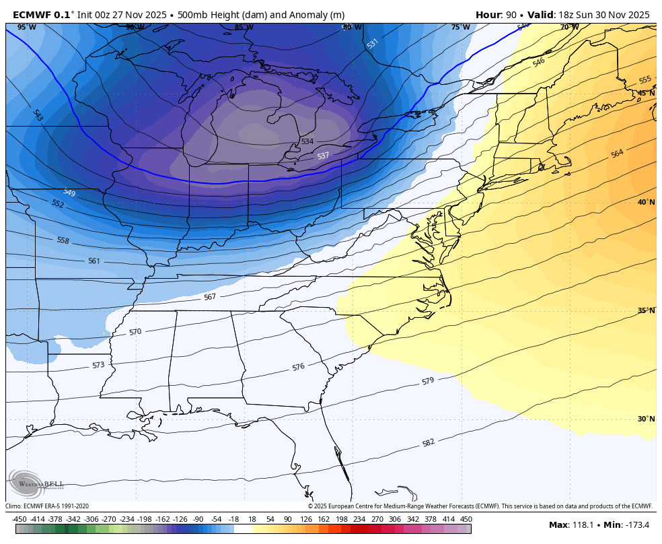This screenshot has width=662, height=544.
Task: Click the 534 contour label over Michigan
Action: coord(307,141)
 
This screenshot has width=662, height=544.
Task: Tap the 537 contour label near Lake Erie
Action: coord(323,156)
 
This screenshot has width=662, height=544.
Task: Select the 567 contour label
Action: coord(210,297)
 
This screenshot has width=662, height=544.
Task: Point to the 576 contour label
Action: coord(298,368)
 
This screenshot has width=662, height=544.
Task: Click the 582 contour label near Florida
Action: coord(429,442)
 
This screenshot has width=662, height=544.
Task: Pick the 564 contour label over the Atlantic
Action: coord(616,154)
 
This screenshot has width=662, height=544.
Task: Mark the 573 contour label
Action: coord(98,365)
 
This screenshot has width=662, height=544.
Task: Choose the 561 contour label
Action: coord(94,261)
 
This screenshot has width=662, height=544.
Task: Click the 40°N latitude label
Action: coord(646,202)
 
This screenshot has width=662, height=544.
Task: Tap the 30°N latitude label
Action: coord(646,419)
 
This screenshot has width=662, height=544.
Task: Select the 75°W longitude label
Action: coord(460,28)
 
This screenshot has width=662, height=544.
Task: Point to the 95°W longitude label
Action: coord(26,28)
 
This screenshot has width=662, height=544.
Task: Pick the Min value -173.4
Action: coord(635,525)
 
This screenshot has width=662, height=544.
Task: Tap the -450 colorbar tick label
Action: coord(20,519)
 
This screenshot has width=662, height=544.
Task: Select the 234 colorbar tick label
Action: coord(359,519)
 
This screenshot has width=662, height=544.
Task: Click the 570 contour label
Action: coord(135,332)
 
